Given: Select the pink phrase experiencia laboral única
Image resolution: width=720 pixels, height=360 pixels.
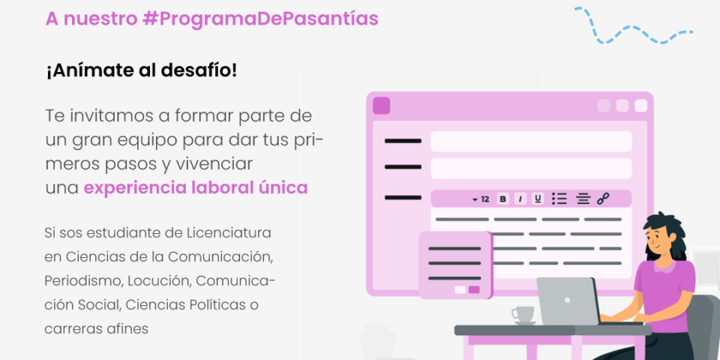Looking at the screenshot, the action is [196, 188].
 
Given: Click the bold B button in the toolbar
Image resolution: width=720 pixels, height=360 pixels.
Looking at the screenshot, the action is [503, 199].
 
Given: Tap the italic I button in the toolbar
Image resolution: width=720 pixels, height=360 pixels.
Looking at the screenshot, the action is [520, 199].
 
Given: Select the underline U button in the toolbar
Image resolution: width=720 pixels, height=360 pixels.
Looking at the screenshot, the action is [538, 199].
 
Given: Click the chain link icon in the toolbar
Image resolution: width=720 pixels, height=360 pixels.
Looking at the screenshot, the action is [603, 199].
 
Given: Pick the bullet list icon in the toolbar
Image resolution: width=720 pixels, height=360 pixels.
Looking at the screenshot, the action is [559, 199].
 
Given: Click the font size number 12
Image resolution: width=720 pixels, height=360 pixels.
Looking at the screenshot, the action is [485, 199].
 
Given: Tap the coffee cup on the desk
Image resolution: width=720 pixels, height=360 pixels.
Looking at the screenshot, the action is [523, 315].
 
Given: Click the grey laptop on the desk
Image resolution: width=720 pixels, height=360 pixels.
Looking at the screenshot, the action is [568, 301].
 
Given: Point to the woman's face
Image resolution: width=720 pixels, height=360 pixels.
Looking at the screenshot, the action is [658, 240].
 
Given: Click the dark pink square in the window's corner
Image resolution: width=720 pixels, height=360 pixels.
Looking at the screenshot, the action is [381, 106].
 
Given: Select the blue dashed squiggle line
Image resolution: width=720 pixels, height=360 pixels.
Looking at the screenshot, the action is [633, 28].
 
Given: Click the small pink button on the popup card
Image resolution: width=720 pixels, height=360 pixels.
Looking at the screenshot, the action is [474, 289].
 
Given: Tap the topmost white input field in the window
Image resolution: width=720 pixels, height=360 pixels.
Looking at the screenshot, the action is [531, 142].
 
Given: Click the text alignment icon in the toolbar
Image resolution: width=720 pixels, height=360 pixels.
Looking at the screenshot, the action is [583, 199].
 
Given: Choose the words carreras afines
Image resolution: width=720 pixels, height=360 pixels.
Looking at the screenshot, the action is [97, 328].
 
